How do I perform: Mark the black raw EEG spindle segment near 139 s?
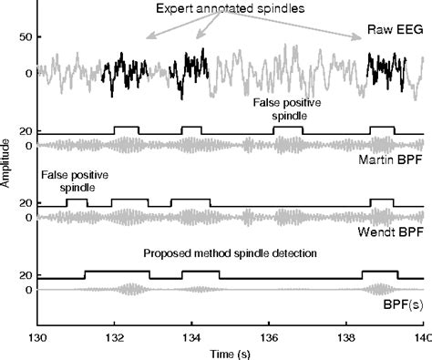coord(382,70)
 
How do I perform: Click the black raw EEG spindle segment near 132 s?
coord(121,73)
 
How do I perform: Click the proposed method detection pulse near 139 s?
coord(378,273)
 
